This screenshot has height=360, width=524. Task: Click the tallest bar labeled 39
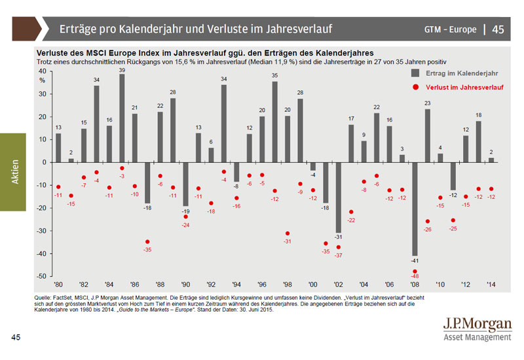(x=122, y=118)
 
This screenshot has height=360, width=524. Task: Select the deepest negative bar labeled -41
(x=415, y=209)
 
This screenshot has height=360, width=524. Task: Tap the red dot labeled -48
(x=415, y=271)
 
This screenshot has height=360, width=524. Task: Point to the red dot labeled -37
(x=339, y=247)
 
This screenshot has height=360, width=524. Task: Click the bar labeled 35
(x=274, y=122)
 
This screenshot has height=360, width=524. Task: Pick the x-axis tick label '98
(x=287, y=285)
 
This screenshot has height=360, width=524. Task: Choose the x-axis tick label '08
(x=415, y=285)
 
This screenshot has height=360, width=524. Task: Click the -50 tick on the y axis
(x=41, y=276)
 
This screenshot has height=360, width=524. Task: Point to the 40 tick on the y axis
(x=42, y=71)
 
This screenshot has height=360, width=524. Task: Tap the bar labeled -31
(x=339, y=197)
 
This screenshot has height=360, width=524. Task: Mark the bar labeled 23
(x=428, y=135)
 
